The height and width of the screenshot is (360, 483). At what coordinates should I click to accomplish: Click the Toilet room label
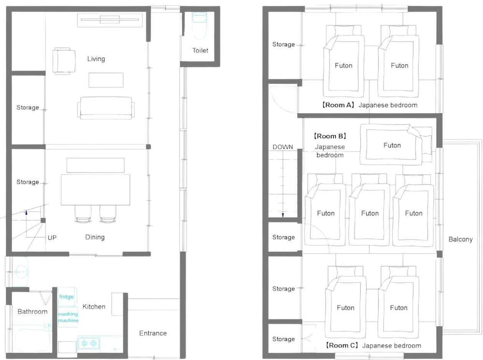click(200, 50)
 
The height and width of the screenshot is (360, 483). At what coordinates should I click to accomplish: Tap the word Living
click(96, 59)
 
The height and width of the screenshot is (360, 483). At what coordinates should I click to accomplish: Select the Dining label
click(95, 237)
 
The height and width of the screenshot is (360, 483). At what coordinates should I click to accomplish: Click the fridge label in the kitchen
click(67, 297)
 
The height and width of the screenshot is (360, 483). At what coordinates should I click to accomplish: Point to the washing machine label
click(68, 317)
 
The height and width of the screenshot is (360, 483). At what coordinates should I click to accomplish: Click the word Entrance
click(153, 333)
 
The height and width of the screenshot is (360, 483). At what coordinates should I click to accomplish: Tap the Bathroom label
click(32, 312)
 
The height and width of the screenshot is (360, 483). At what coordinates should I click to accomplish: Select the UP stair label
click(52, 238)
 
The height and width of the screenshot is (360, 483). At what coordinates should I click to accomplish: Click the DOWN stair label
click(283, 147)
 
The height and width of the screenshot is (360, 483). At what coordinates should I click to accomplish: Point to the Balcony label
click(460, 240)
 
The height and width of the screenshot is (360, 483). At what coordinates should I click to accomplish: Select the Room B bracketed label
click(330, 136)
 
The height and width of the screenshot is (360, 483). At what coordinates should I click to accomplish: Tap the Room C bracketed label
click(342, 346)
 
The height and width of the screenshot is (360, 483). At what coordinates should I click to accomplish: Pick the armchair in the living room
click(64, 61)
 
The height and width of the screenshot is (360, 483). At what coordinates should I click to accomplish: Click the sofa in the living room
click(106, 108)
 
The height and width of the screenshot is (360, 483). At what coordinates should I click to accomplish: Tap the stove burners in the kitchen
click(89, 343)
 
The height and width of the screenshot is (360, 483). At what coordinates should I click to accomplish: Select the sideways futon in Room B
click(396, 145)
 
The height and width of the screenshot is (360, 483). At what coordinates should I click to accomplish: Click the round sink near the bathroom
click(20, 272)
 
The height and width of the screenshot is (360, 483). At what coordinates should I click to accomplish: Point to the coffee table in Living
click(106, 80)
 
